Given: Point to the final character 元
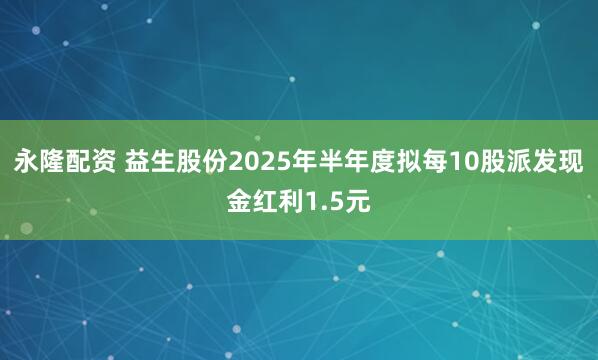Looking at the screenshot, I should (x=357, y=203).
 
